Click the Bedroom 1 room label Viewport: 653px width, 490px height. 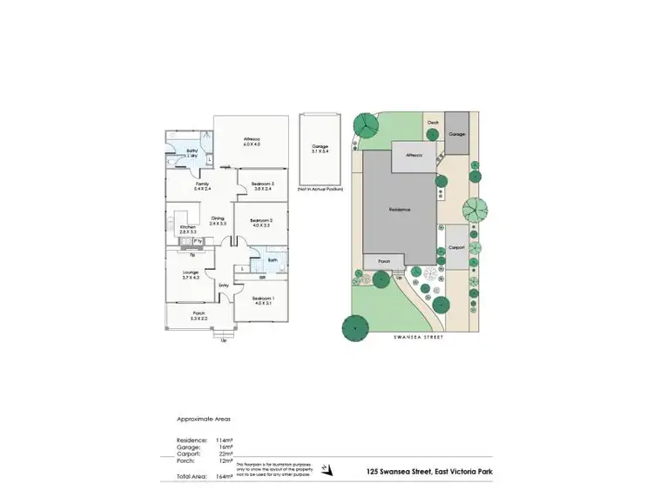(262, 299)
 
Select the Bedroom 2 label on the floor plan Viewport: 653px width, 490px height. (262, 221)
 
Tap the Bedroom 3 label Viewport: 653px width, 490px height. (262, 184)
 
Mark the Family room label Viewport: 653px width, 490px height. (202, 184)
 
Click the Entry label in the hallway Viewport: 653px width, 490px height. (224, 285)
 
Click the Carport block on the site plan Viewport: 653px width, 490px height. (457, 246)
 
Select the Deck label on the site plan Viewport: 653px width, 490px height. (433, 123)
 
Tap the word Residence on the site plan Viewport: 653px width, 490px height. (400, 209)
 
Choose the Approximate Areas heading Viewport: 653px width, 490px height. (205, 417)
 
